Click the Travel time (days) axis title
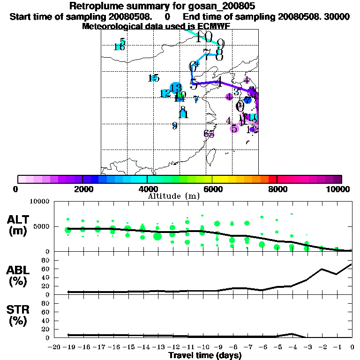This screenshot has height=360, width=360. click(205, 355)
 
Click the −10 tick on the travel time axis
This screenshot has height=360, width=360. click(202, 347)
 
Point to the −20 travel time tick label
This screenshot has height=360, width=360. click(53, 347)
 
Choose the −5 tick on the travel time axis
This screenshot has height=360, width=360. click(277, 347)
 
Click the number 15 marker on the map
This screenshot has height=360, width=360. click(153, 78)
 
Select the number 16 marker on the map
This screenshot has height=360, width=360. click(119, 47)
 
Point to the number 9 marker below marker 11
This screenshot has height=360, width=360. click(174, 126)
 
